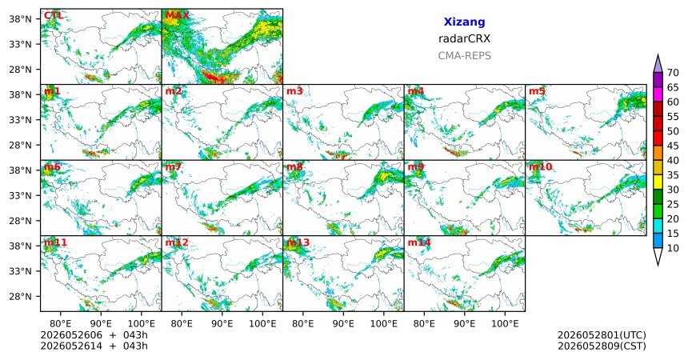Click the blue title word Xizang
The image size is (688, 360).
(x=464, y=22)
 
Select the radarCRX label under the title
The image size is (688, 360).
(x=464, y=38)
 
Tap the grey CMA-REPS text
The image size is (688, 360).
(x=464, y=56)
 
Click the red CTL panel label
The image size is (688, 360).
(x=54, y=16)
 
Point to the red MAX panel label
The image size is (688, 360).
(x=178, y=16)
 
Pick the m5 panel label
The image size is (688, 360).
(x=537, y=91)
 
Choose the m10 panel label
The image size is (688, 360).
(x=540, y=167)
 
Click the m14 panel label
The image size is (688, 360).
(x=419, y=242)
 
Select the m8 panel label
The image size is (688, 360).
(x=294, y=167)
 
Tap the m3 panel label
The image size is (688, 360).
(x=294, y=91)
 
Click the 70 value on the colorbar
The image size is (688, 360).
(x=673, y=73)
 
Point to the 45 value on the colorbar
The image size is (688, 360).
(x=673, y=146)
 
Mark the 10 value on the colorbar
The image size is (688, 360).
(x=673, y=249)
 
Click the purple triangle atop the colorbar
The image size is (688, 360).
(x=658, y=64)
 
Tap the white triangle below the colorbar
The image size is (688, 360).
(x=658, y=256)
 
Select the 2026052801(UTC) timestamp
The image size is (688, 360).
(x=602, y=335)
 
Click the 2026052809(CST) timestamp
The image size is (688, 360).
(x=602, y=346)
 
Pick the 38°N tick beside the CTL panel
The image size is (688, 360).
(x=20, y=19)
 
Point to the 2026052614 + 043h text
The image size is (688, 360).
(x=94, y=346)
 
